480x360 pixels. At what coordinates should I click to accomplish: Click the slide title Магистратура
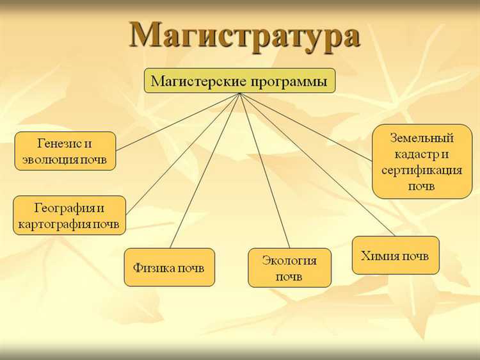(x=244, y=35)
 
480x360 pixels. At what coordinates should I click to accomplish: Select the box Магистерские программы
(x=239, y=81)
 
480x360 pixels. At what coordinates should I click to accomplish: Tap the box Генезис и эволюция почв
(x=65, y=151)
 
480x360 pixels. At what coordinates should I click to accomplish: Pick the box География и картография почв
(x=70, y=215)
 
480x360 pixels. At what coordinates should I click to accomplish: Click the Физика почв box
(x=169, y=267)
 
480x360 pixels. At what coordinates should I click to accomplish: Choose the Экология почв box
(x=289, y=268)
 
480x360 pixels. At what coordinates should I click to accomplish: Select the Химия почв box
(x=395, y=256)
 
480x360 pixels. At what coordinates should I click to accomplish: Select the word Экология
(x=289, y=260)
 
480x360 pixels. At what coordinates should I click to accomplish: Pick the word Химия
(x=380, y=256)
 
